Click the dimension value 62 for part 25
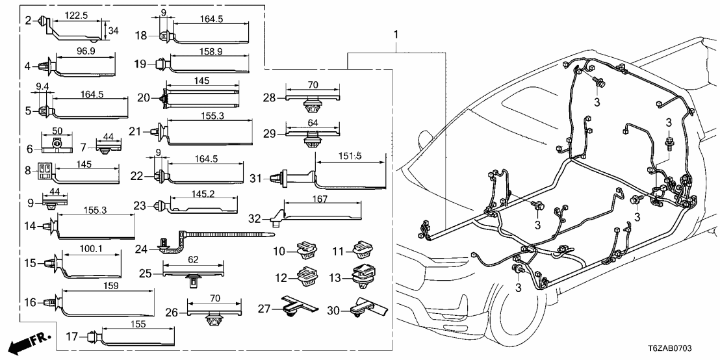pyautogui.click(x=194, y=259)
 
